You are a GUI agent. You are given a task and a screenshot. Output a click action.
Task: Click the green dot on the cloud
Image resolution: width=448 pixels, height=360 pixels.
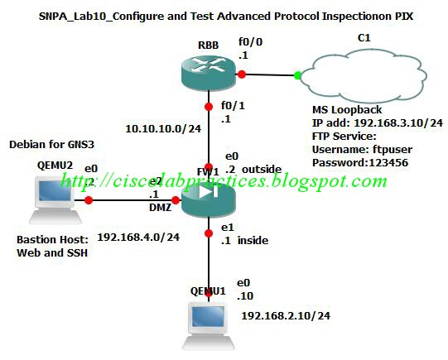(297, 75)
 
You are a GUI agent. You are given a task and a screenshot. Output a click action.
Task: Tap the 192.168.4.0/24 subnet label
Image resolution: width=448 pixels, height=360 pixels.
(139, 238)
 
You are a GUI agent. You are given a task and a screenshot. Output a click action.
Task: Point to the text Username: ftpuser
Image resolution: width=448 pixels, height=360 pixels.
(360, 149)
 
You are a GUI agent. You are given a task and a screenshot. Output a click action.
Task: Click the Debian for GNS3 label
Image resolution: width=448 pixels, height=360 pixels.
(50, 144)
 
